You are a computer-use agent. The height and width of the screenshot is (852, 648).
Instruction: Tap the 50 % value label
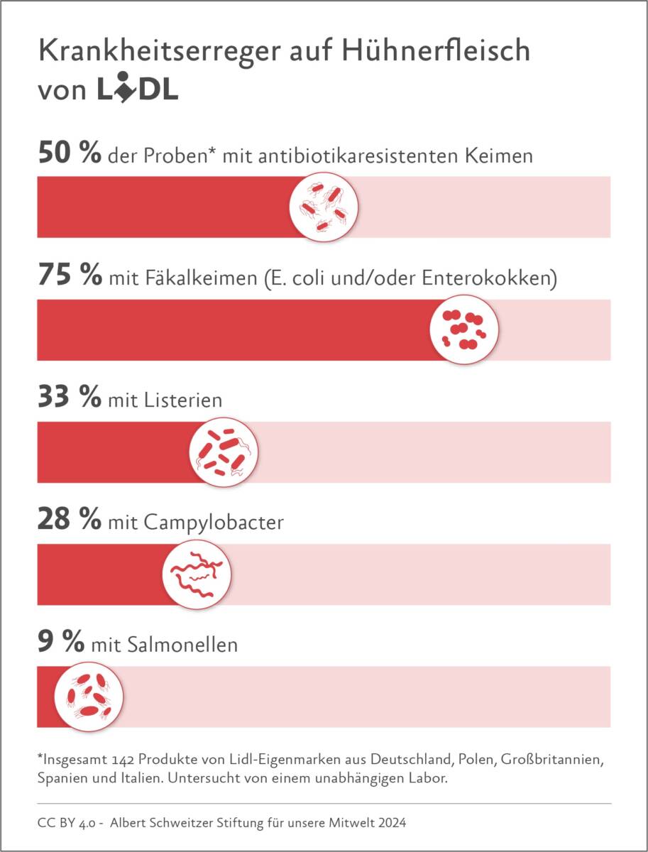[69, 154]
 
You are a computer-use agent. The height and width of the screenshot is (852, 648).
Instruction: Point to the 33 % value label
[69, 399]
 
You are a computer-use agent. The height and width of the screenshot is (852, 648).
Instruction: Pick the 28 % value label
[69, 522]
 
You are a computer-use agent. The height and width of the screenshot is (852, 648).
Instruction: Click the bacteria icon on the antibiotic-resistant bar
[324, 207]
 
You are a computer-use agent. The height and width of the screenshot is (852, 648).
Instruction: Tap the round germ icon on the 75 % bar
[465, 329]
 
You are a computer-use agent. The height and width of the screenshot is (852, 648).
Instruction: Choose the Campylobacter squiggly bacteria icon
[198, 574]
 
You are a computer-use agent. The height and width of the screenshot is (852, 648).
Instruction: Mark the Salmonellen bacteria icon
[89, 697]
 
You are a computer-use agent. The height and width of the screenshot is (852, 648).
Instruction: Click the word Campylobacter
[213, 524]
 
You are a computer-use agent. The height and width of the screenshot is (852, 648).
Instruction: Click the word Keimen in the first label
[498, 156]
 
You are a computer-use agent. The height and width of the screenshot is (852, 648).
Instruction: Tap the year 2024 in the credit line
[391, 823]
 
